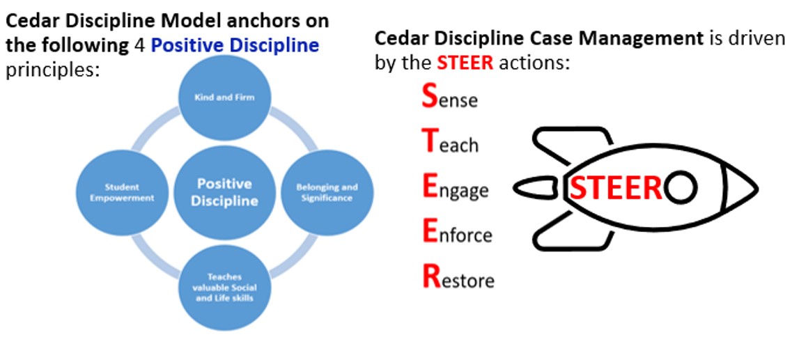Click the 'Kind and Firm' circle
point(224,97)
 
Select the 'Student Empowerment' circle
point(122,192)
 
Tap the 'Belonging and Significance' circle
point(327,192)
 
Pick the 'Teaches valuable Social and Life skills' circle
point(224,287)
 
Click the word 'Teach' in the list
point(451,141)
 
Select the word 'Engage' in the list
point(456,189)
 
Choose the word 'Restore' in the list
point(458,278)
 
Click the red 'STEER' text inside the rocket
point(616,188)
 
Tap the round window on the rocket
point(681,188)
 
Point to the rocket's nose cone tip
point(758,189)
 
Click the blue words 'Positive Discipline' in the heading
point(235,46)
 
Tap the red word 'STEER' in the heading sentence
point(465,63)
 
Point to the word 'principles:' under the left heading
point(51,70)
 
